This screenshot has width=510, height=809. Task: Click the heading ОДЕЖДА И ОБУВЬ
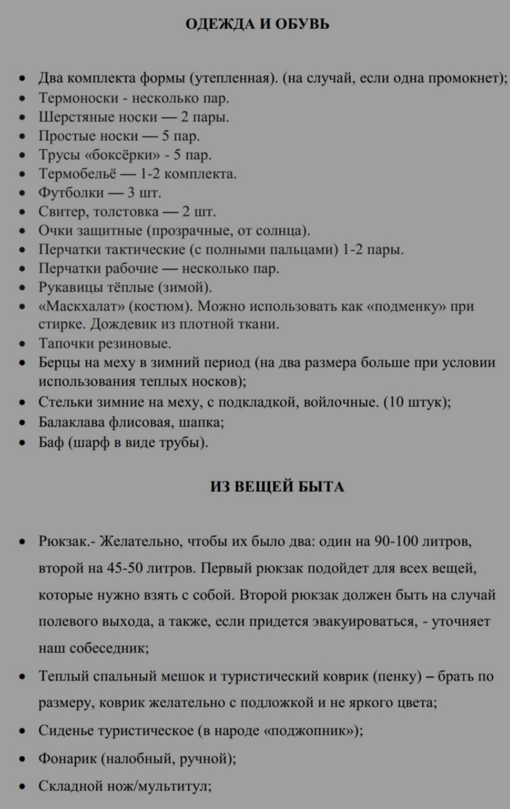click(257, 25)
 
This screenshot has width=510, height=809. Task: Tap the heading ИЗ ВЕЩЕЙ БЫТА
click(277, 487)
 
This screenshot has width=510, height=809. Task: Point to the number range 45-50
click(124, 568)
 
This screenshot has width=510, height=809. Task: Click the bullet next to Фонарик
click(21, 759)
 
